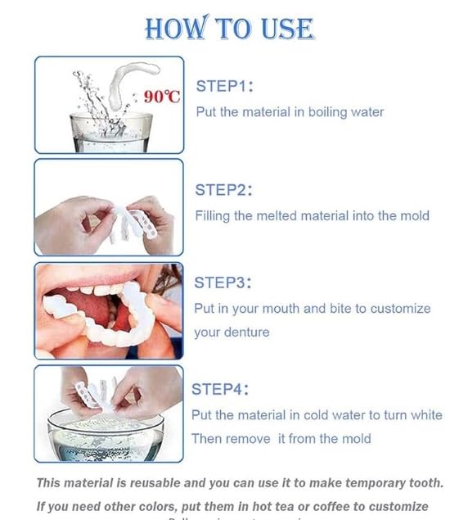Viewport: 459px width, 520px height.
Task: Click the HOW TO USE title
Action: (x=229, y=28)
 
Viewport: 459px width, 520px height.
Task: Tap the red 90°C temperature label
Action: (x=161, y=97)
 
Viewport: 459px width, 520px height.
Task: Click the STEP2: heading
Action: (x=223, y=190)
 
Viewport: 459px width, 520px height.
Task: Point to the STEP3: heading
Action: (x=223, y=283)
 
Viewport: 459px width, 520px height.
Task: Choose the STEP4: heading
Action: (x=220, y=389)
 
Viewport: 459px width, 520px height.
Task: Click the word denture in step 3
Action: (x=246, y=332)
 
